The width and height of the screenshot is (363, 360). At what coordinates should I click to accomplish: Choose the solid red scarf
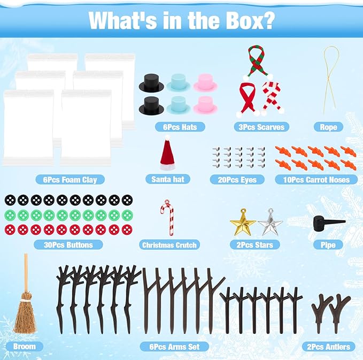[x=247, y=99]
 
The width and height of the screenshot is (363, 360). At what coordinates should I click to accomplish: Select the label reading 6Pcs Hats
[x=180, y=127]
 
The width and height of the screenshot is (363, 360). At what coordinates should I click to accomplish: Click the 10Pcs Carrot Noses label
[x=316, y=180]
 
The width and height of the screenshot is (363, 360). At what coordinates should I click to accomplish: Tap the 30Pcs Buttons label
[x=68, y=245]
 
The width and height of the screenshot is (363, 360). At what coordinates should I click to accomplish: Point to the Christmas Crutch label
[x=169, y=245]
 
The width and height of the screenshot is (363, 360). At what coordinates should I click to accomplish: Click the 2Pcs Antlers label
[x=328, y=347]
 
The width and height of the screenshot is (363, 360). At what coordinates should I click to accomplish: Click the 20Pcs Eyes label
[x=237, y=180]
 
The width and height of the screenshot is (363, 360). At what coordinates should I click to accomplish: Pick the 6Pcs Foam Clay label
[x=70, y=180]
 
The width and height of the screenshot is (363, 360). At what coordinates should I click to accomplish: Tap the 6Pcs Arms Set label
[x=174, y=347]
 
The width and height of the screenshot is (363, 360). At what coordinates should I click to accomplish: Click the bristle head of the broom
[x=25, y=313]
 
